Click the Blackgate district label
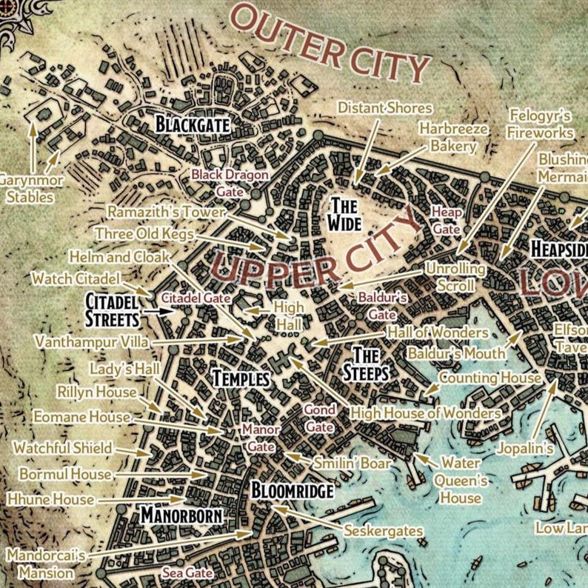[x=192, y=124]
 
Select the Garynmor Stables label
[x=30, y=189]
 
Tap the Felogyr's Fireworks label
[x=541, y=124]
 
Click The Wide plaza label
[x=345, y=213]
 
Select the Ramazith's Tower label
[x=165, y=212]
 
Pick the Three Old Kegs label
[x=144, y=234]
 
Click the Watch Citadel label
[x=76, y=278]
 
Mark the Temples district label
[x=241, y=378]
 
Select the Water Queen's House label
[x=461, y=480]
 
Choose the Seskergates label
[x=383, y=530]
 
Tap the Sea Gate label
[x=188, y=572]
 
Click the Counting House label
[x=490, y=378]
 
